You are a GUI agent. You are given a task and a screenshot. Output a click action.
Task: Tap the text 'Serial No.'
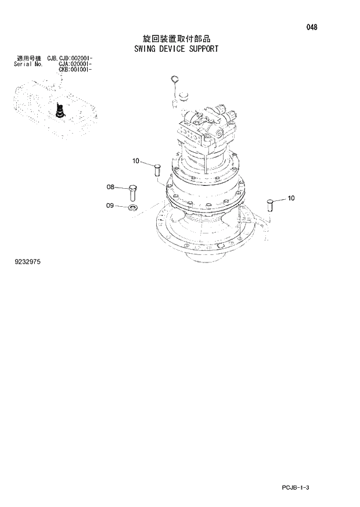pos(27,64)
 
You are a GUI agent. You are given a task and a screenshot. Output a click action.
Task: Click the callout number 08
pos(110,187)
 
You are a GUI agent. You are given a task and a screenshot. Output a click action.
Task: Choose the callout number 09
pos(110,205)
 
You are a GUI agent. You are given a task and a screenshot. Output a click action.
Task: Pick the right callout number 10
pos(291,198)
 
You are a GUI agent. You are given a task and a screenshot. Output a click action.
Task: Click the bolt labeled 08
pos(133,191)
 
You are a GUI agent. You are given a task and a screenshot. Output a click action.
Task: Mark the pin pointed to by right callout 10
pos(269,204)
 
